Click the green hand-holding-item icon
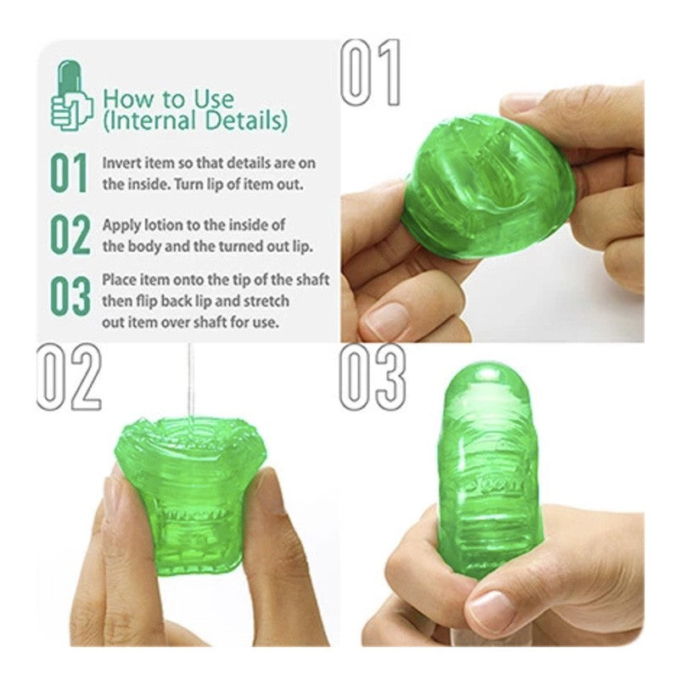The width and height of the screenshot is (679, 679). pos(71,95)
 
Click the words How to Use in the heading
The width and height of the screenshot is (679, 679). pos(168,99)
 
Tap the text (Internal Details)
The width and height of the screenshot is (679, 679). pos(195,121)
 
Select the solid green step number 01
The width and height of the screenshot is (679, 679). pos(69,173)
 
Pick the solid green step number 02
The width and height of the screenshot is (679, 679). pos(70,234)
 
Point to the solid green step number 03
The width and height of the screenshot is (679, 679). pos(70,296)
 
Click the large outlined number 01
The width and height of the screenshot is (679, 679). pos(371,72)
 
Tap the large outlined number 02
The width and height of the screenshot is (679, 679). pos(70,377)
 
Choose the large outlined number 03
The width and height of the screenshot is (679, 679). pos(373,377)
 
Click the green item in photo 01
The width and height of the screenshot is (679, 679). pos(488,186)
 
